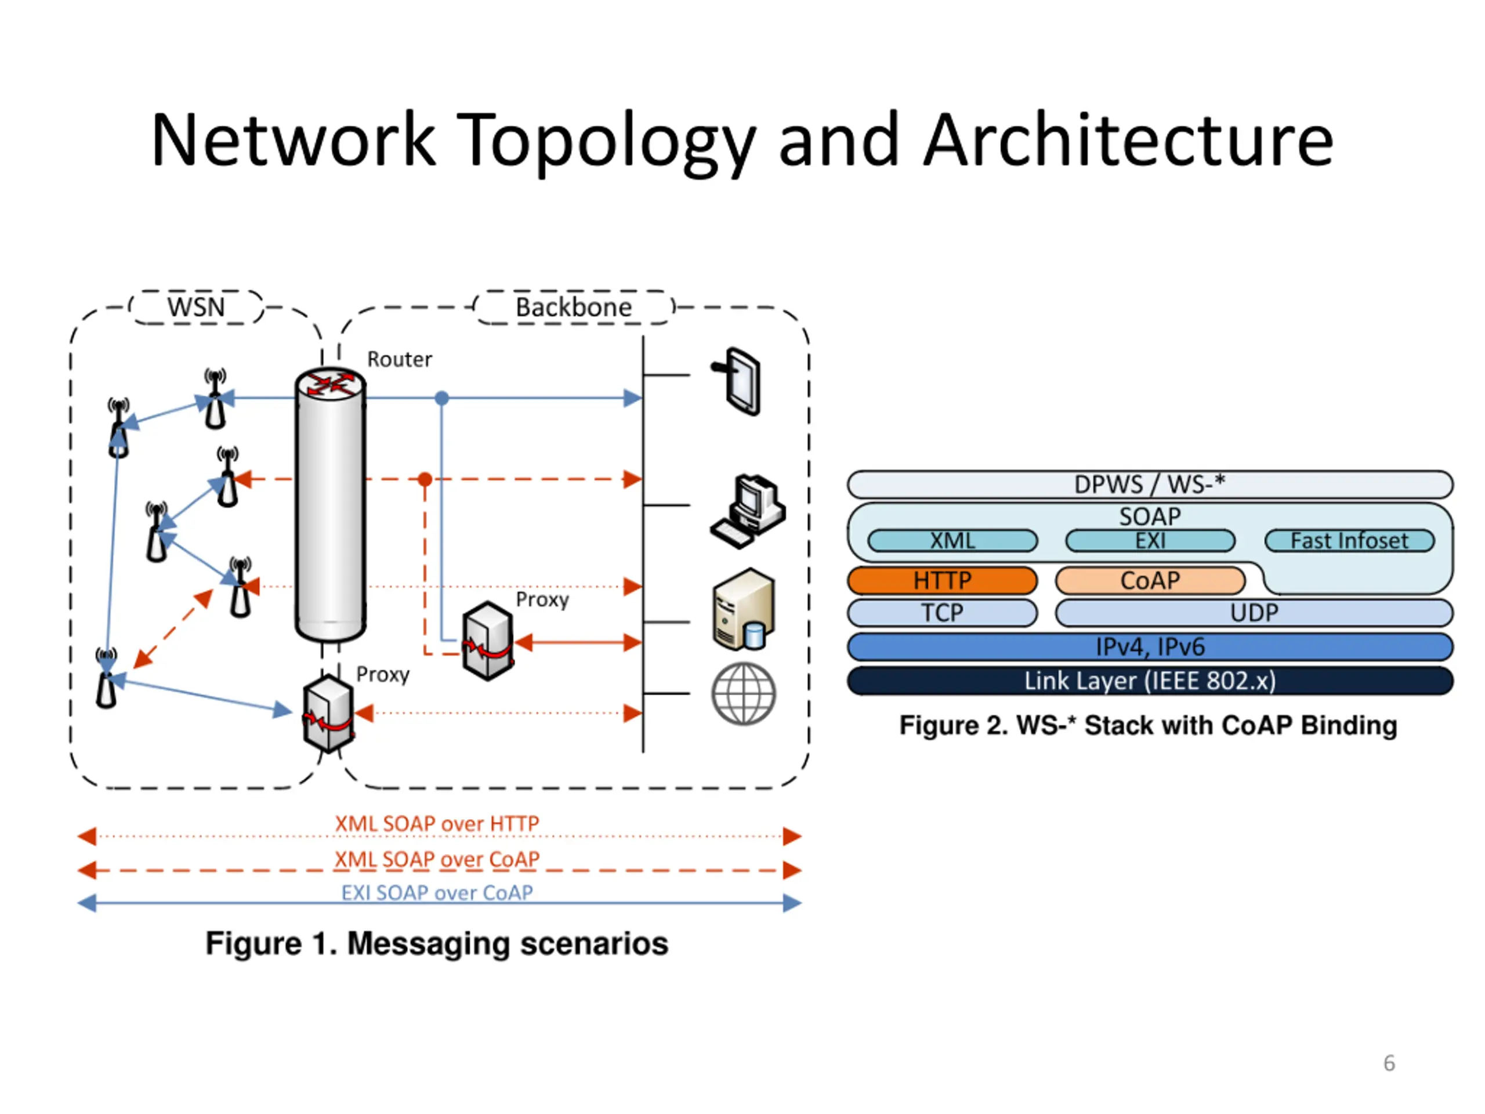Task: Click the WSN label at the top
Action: click(x=196, y=307)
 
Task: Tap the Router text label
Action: click(x=400, y=359)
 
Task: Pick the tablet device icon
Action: click(x=737, y=381)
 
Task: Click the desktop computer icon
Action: click(x=748, y=511)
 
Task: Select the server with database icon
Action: click(x=744, y=609)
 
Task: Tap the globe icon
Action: click(x=744, y=694)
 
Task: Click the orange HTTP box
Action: click(x=942, y=580)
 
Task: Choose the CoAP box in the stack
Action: click(x=1150, y=580)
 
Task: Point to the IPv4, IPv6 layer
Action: click(x=1150, y=647)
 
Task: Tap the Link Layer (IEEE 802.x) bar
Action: click(x=1150, y=681)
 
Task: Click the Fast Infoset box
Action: click(x=1349, y=541)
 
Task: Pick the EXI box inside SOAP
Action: click(x=1150, y=541)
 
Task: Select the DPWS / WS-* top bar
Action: click(x=1150, y=484)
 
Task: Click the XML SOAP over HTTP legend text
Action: click(x=437, y=823)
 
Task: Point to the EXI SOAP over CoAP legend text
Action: click(x=437, y=892)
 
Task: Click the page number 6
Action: click(x=1389, y=1063)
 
